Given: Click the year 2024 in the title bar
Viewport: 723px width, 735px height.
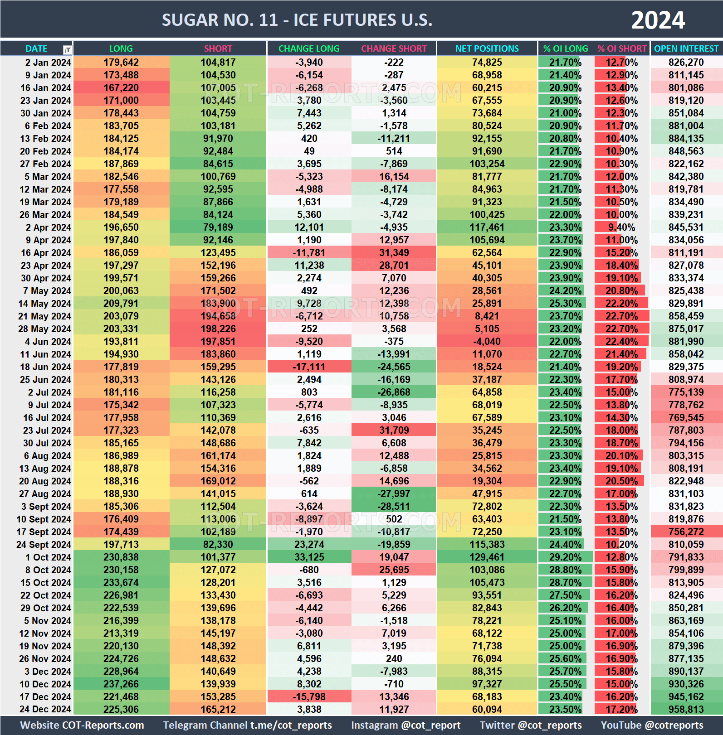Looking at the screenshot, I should click(658, 20).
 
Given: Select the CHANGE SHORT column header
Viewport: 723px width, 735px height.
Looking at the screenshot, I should click(394, 48).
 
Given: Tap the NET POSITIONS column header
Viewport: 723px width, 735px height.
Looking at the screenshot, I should click(487, 48).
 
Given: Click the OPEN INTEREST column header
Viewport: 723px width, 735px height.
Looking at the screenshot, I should click(686, 48).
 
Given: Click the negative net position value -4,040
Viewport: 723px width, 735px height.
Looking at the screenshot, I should click(487, 342).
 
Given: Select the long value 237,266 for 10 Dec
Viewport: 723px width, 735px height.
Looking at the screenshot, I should click(121, 684).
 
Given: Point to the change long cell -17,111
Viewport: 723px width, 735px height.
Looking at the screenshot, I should click(309, 367).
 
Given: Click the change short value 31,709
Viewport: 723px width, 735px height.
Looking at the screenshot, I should click(394, 430).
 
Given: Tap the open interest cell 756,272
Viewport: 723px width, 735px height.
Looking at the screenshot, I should click(686, 532).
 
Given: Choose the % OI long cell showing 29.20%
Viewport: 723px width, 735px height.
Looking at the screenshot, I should click(565, 557).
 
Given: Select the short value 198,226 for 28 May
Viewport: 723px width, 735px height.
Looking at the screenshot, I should click(218, 329).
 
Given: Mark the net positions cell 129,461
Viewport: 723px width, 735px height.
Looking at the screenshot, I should click(487, 557).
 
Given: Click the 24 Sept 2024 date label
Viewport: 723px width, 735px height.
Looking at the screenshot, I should click(44, 545).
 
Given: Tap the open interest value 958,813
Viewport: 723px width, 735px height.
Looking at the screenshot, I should click(686, 710).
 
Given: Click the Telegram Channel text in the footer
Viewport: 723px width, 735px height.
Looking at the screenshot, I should click(247, 725).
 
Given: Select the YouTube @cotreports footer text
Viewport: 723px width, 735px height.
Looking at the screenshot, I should click(652, 725).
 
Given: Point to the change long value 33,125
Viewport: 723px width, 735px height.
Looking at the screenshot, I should click(309, 557).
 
